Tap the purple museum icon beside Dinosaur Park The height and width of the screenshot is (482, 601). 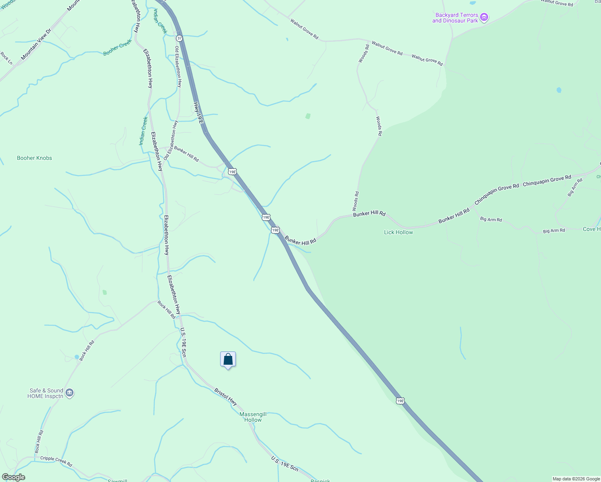pyautogui.click(x=484, y=17)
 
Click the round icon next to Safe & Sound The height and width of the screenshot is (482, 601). pyautogui.click(x=69, y=393)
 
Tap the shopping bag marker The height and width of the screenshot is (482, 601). pyautogui.click(x=228, y=359)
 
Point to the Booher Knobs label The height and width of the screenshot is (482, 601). pyautogui.click(x=35, y=158)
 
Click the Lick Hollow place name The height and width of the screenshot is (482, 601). pyautogui.click(x=398, y=232)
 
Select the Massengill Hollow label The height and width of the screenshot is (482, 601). pyautogui.click(x=253, y=417)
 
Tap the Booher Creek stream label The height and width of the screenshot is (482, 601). pyautogui.click(x=117, y=47)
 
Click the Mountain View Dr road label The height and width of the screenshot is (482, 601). pyautogui.click(x=36, y=44)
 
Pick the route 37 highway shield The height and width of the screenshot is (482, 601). pyautogui.click(x=179, y=38)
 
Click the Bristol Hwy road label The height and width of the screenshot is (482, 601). pyautogui.click(x=226, y=396)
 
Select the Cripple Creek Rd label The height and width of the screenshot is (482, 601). pyautogui.click(x=56, y=461)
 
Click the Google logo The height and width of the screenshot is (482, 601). pyautogui.click(x=13, y=477)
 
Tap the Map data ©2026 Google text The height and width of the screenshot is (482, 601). pyautogui.click(x=576, y=479)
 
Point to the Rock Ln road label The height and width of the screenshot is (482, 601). pyautogui.click(x=6, y=58)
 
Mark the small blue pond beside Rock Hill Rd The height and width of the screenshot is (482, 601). pyautogui.click(x=77, y=357)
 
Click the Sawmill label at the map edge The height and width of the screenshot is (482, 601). pyautogui.click(x=117, y=480)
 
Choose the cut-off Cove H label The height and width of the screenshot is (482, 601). pyautogui.click(x=591, y=229)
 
